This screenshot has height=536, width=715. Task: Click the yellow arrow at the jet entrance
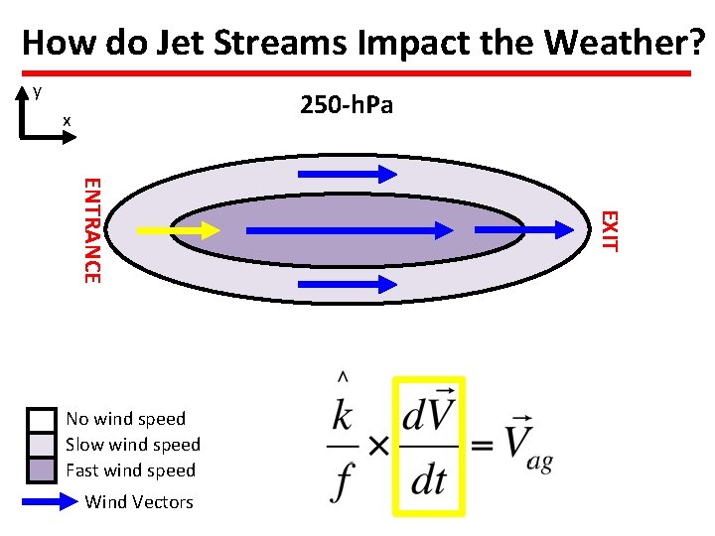[178, 230]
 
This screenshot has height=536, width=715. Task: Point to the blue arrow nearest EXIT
[525, 229]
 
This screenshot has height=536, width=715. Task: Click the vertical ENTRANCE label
[90, 229]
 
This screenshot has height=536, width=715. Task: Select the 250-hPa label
[347, 104]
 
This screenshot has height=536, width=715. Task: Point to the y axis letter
[37, 91]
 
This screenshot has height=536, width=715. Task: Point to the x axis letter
[67, 120]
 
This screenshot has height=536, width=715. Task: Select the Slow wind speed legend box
[42, 445]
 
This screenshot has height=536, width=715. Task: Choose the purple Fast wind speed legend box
[42, 469]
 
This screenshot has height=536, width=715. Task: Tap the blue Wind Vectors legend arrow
[50, 501]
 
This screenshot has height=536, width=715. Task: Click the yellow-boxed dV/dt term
[429, 447]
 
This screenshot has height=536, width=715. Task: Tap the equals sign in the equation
[482, 447]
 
